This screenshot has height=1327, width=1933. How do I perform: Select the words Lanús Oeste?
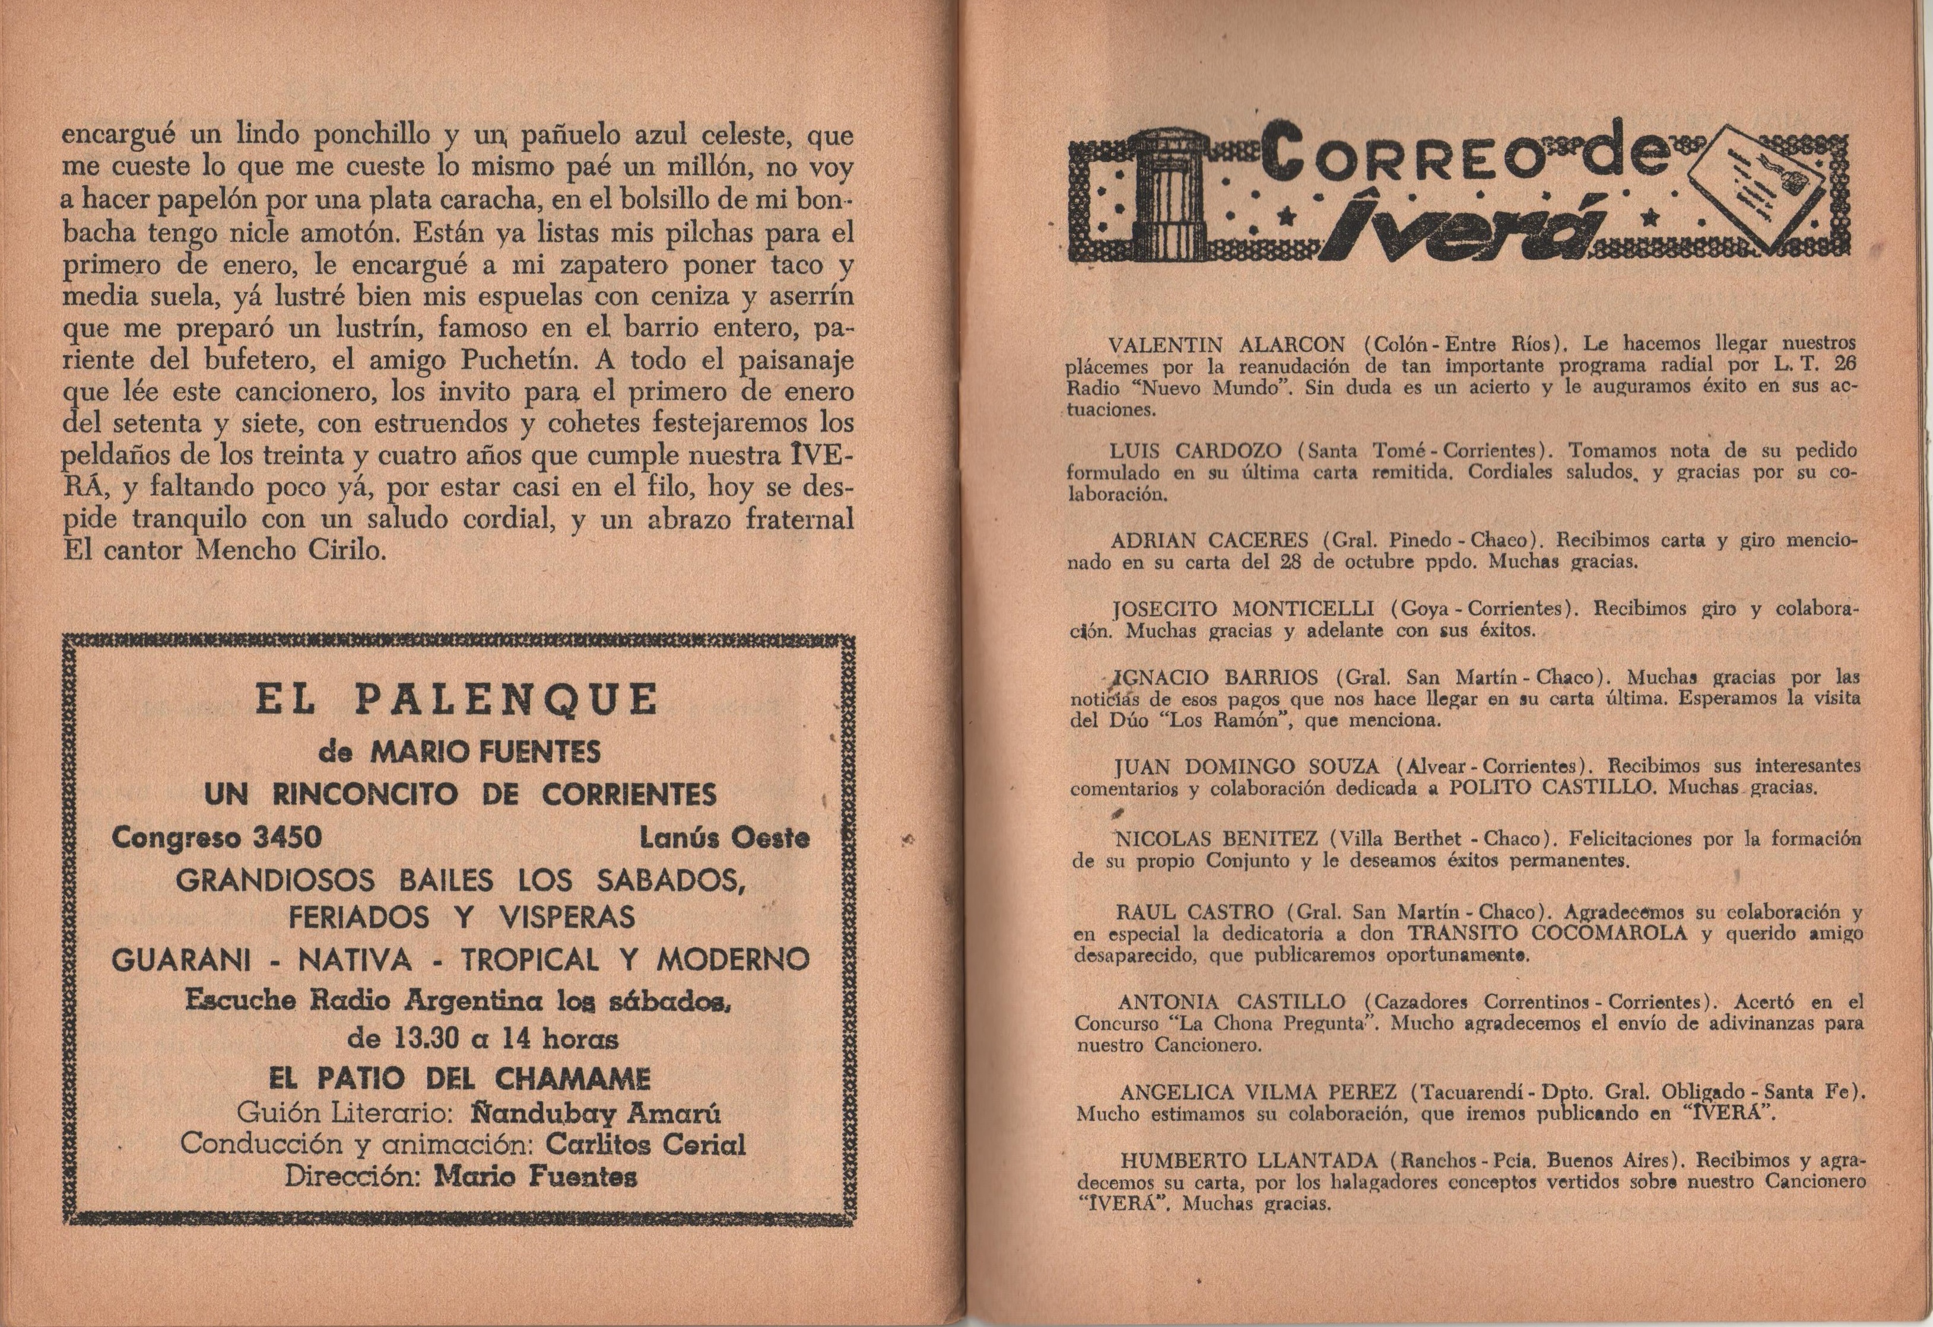725,838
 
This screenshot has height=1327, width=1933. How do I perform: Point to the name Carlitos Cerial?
646,1145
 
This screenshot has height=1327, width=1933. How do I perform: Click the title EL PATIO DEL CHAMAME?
459,1079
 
